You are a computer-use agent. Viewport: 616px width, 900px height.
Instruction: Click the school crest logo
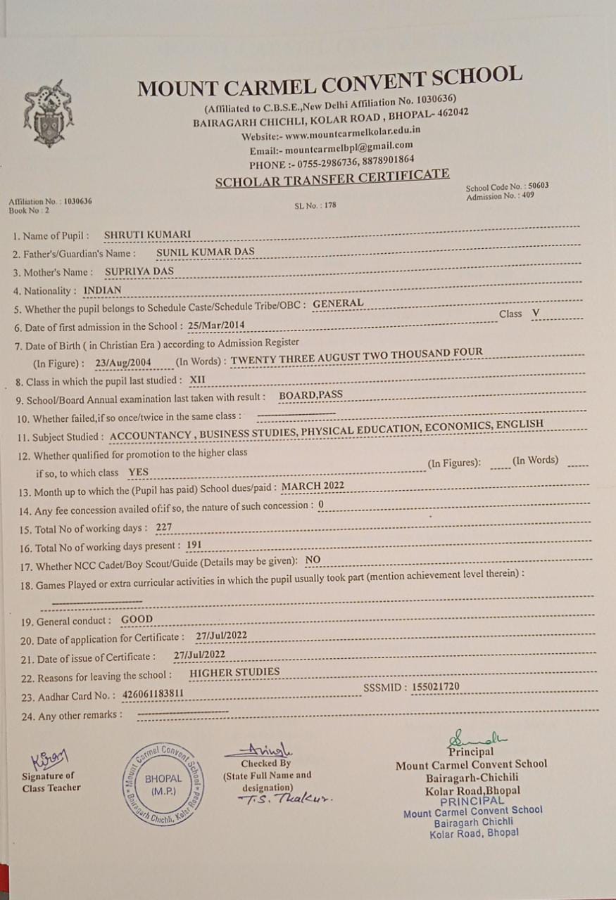(48, 113)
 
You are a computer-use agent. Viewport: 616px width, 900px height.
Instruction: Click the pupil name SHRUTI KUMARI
(147, 235)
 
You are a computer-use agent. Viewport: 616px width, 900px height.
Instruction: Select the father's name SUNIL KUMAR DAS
(206, 252)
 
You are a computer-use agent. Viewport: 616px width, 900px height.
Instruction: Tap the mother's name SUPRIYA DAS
(139, 271)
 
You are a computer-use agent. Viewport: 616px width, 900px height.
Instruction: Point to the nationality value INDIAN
(102, 290)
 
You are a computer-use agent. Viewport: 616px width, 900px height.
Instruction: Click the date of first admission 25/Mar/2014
(217, 326)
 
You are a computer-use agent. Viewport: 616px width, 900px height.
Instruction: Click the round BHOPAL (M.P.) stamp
(163, 783)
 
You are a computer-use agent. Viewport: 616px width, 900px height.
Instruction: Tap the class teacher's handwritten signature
(50, 759)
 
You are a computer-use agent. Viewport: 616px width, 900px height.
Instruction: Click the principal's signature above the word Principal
(477, 738)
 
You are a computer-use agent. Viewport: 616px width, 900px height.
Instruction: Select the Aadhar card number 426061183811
(153, 694)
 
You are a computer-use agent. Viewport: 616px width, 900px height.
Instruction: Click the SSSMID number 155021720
(446, 686)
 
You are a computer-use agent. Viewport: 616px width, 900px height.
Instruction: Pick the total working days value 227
(163, 527)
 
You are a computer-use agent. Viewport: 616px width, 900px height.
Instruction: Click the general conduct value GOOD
(137, 619)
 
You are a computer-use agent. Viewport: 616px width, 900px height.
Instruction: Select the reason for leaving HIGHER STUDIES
(234, 671)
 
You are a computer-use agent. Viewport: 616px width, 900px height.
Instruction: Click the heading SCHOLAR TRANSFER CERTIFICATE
(332, 179)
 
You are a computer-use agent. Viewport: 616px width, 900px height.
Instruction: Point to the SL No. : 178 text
(316, 207)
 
